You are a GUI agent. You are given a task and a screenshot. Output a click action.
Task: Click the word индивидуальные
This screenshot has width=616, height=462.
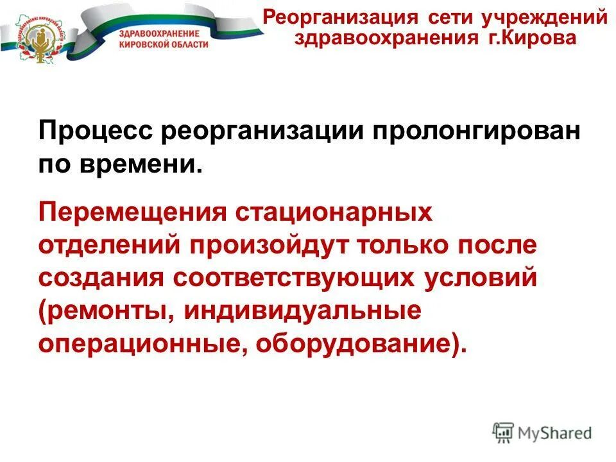(302, 312)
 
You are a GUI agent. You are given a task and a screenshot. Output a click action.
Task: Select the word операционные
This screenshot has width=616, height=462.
(142, 344)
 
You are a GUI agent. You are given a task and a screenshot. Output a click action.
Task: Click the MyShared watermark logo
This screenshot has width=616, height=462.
(543, 432)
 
